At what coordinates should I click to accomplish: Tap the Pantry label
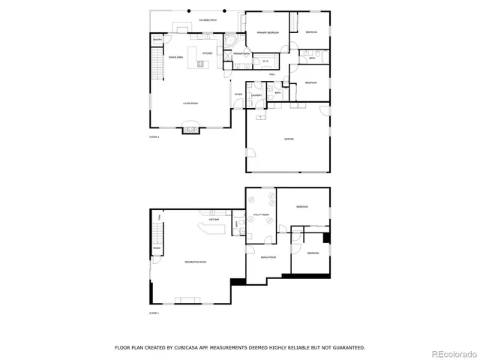tap(157, 40)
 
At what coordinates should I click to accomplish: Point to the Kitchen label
tap(208, 54)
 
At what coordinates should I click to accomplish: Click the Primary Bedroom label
tap(268, 33)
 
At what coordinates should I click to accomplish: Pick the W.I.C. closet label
tap(265, 61)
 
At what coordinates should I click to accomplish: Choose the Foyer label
tap(238, 94)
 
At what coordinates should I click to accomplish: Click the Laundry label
tap(256, 95)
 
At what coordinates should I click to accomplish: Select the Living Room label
tap(190, 103)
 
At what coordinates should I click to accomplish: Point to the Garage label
tap(289, 139)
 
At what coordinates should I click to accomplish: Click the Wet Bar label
tap(214, 220)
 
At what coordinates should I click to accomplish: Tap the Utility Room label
tap(261, 214)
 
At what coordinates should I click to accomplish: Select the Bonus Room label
tap(268, 257)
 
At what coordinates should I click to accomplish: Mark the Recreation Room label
tap(196, 262)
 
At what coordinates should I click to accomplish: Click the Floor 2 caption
tap(154, 137)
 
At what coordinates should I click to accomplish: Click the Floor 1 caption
tap(154, 312)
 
